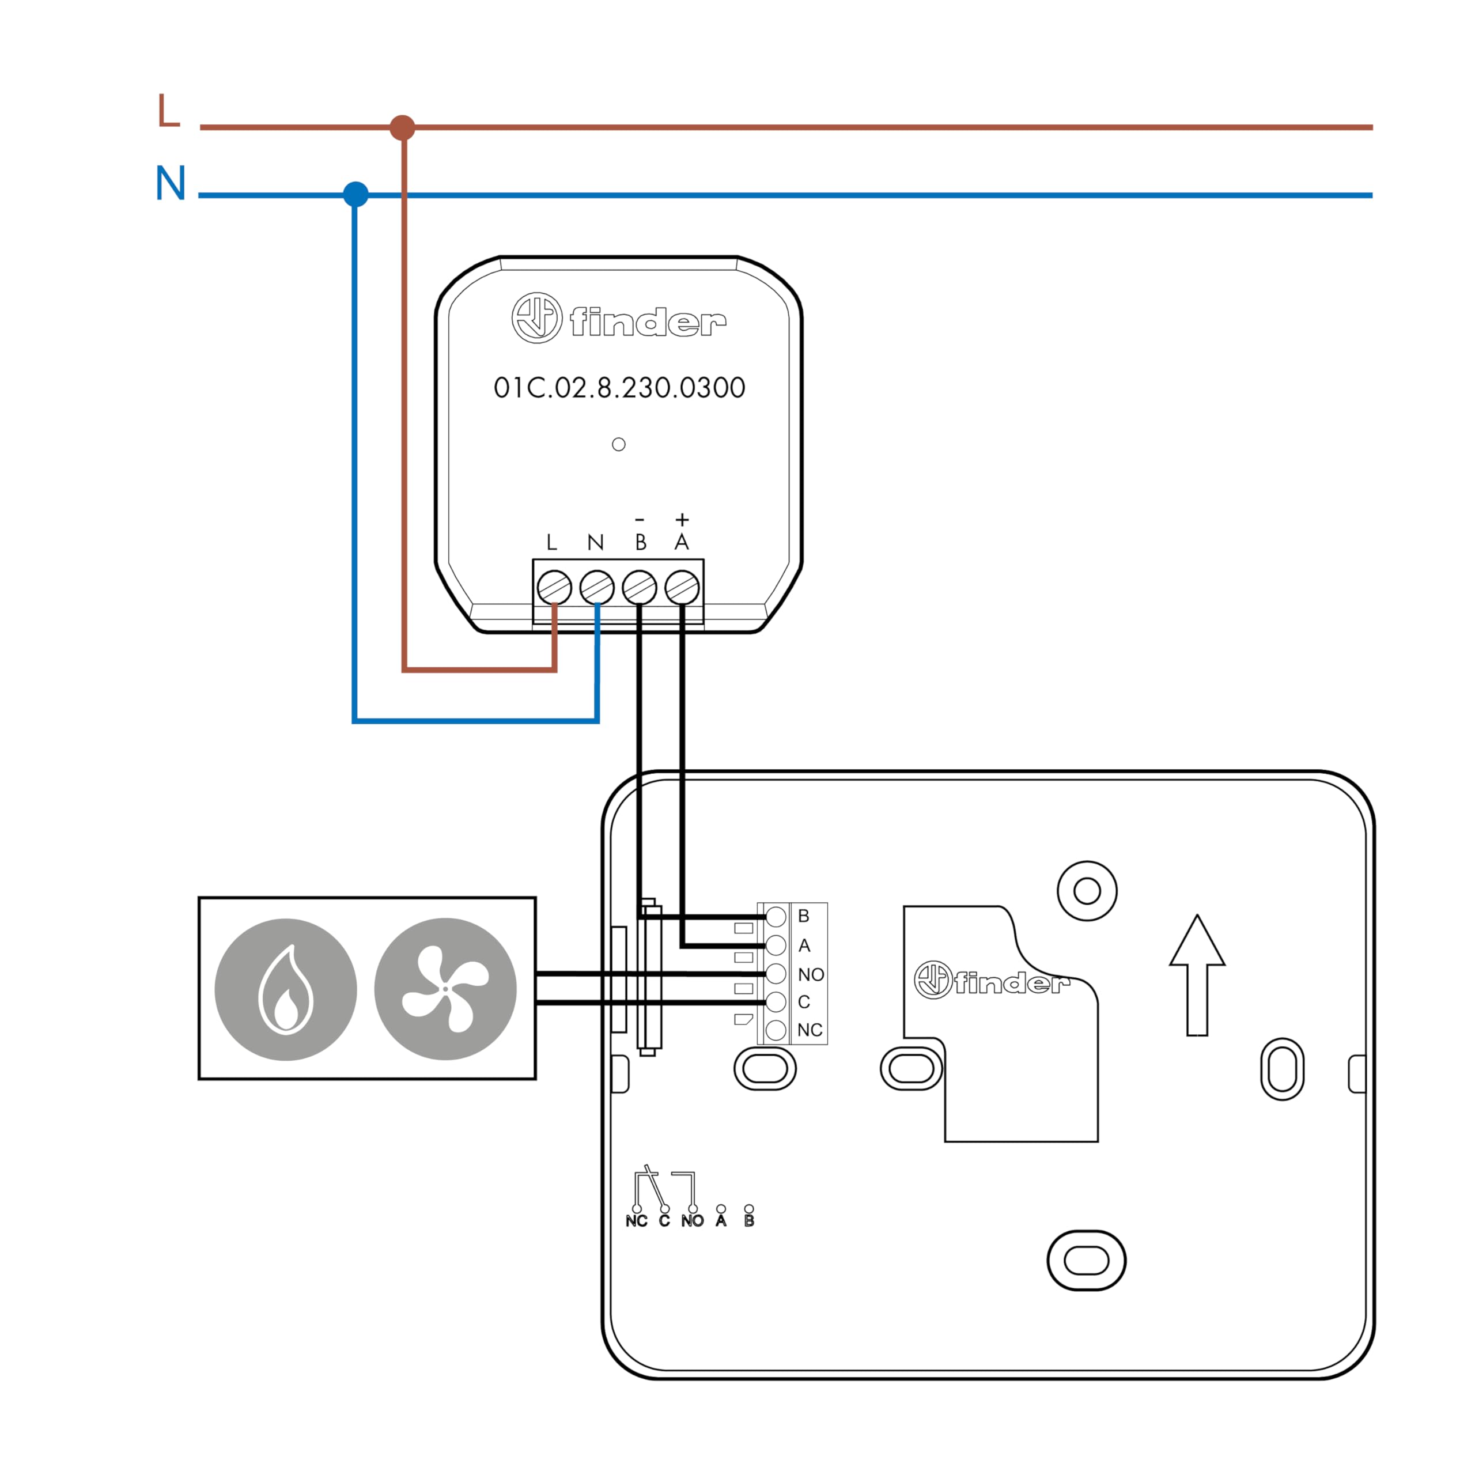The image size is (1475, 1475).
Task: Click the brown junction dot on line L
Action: (402, 127)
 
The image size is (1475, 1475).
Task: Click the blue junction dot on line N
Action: (355, 195)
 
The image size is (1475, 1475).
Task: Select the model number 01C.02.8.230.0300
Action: (619, 388)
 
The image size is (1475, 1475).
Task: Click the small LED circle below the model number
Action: (619, 444)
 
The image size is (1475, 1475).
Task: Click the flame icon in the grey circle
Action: (286, 989)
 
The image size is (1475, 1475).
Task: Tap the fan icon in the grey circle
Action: (445, 989)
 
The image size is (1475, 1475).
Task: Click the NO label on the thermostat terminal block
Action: (811, 975)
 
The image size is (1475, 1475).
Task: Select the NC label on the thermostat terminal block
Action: (810, 1030)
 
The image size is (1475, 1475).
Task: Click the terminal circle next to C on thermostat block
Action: (776, 1001)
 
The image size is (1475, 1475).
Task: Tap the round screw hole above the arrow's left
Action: (1087, 891)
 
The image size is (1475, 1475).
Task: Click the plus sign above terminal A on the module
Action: (683, 520)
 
